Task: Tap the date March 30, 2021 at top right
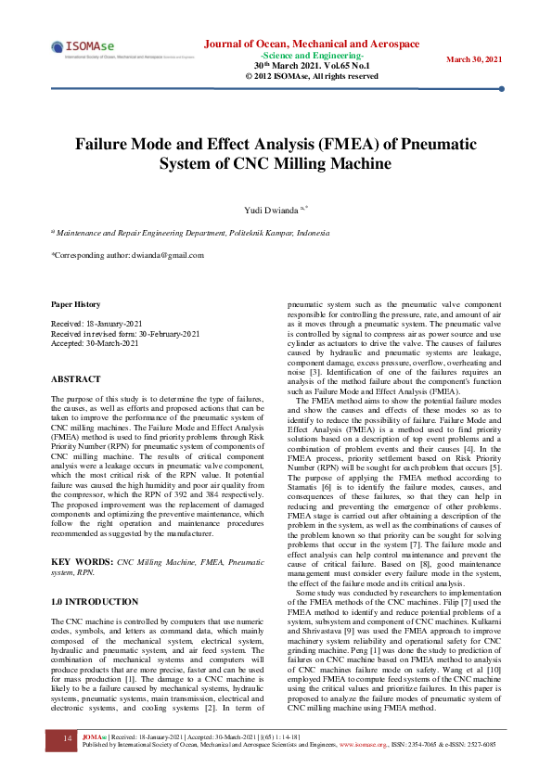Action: (x=474, y=59)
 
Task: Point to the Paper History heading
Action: (x=75, y=304)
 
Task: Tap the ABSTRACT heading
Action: (x=76, y=379)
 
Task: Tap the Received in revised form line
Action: (x=125, y=334)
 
